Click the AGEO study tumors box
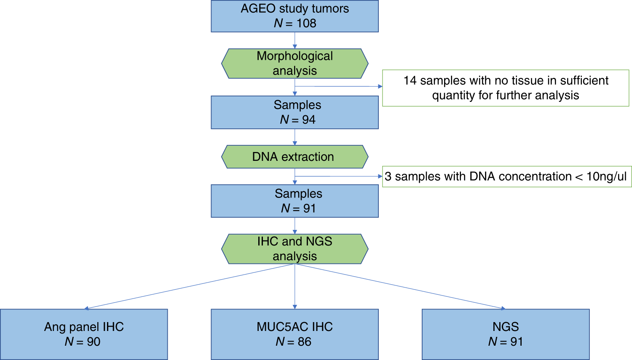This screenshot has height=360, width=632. [295, 16]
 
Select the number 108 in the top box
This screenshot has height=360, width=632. [306, 24]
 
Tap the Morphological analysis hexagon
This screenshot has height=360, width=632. [295, 64]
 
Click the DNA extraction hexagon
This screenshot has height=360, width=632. [295, 157]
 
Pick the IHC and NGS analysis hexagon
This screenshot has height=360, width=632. [295, 249]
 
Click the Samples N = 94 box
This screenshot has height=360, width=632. [295, 112]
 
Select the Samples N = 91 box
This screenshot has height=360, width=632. [295, 201]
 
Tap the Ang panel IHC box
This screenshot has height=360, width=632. [84, 334]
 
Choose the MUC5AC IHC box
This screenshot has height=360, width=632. [295, 334]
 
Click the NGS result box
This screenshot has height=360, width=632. [506, 334]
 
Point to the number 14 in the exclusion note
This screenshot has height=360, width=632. [410, 80]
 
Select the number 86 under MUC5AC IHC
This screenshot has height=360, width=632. [304, 341]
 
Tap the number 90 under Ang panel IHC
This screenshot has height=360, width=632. [94, 341]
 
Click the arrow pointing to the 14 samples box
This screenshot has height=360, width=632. [339, 86]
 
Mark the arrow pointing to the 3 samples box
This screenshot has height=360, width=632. [339, 176]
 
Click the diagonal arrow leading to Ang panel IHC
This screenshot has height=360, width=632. [190, 286]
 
